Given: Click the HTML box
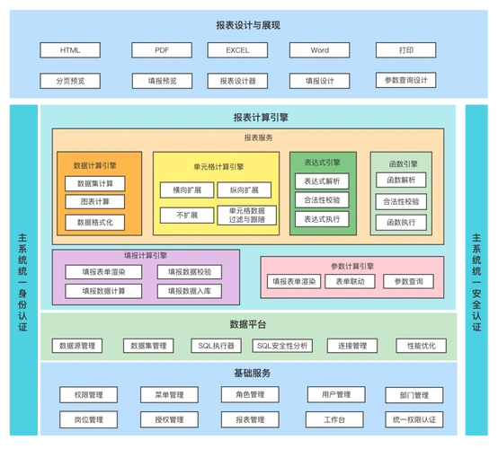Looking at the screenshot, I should (x=70, y=50).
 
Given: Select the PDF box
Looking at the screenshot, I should (x=161, y=50).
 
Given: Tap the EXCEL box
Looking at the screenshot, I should (x=237, y=50).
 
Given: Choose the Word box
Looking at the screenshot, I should (x=319, y=50).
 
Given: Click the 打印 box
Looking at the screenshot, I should (x=405, y=50).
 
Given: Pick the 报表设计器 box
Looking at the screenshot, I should (x=237, y=81).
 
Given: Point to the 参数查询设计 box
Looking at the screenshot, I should (x=405, y=80).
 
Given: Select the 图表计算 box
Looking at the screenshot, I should (x=95, y=202).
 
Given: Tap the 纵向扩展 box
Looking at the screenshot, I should (x=244, y=190).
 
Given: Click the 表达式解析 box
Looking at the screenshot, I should (x=322, y=181).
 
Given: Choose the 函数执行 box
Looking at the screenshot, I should (x=401, y=222).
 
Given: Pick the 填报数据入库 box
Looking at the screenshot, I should (x=190, y=291).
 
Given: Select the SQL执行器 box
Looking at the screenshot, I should (x=217, y=346).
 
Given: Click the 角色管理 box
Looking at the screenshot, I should (x=244, y=395).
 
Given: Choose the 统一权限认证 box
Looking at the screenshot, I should (x=414, y=419).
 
